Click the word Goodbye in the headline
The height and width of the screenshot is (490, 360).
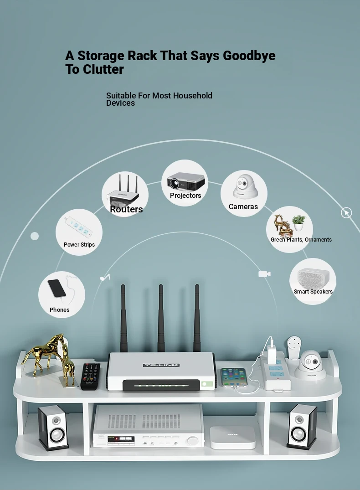pyautogui.click(x=249, y=56)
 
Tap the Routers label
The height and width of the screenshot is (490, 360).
pyautogui.click(x=126, y=209)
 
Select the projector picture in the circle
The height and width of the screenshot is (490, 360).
pyautogui.click(x=185, y=181)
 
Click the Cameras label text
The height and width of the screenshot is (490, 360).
pyautogui.click(x=243, y=206)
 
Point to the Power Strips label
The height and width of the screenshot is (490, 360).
pyautogui.click(x=79, y=245)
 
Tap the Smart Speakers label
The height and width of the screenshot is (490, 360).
pyautogui.click(x=313, y=292)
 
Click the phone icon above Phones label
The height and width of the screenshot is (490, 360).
pyautogui.click(x=57, y=288)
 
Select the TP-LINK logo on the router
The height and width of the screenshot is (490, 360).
pyautogui.click(x=161, y=365)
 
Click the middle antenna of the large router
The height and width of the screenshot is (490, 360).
pyautogui.click(x=160, y=318)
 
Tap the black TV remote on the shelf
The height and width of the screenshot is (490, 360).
pyautogui.click(x=91, y=376)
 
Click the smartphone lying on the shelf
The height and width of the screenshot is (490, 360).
pyautogui.click(x=234, y=377)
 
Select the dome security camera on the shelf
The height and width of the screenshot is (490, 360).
pyautogui.click(x=310, y=365)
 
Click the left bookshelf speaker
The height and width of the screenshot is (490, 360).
pyautogui.click(x=53, y=428)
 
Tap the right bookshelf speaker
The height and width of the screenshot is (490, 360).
pyautogui.click(x=302, y=427)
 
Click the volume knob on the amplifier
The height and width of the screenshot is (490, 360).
pyautogui.click(x=192, y=441)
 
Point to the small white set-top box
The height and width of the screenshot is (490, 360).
pyautogui.click(x=232, y=437)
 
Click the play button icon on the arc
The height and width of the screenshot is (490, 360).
pyautogui.click(x=346, y=213)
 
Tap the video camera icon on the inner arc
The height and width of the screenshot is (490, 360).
pyautogui.click(x=264, y=274)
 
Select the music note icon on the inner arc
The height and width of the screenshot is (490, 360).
pyautogui.click(x=105, y=277)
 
